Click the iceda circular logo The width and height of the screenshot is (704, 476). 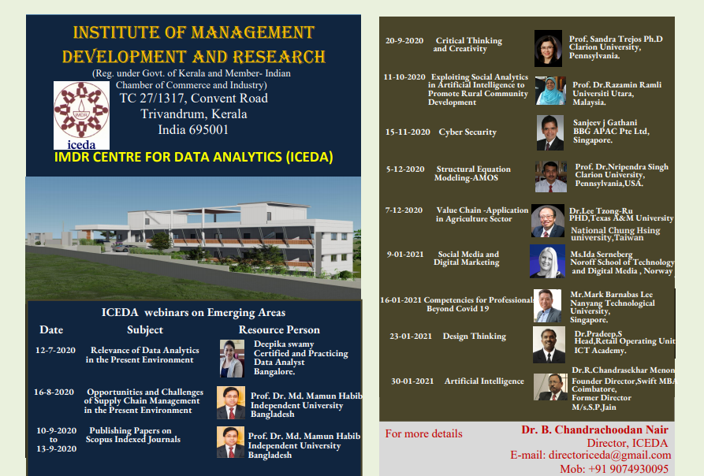click(81, 115)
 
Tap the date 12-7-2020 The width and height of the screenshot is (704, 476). click(55, 351)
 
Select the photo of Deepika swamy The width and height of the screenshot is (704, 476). click(232, 358)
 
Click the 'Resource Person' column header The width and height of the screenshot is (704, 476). click(279, 329)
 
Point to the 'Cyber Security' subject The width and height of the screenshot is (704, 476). click(467, 132)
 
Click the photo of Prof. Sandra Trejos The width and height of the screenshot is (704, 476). click(548, 48)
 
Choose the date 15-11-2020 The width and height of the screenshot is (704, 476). click(408, 132)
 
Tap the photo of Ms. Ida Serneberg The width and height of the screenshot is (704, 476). click(547, 261)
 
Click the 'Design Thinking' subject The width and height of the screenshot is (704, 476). click(474, 336)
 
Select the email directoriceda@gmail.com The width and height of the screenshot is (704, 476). click(609, 455)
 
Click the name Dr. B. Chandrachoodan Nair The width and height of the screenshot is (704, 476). click(595, 430)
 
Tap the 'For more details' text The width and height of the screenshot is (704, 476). click(424, 433)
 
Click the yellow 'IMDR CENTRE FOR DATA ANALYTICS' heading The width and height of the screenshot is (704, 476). click(193, 157)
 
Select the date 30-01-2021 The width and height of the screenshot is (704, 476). click(412, 381)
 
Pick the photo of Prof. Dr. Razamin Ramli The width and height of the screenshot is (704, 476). click(550, 91)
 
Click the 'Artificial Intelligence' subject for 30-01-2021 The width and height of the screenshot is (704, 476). click(484, 381)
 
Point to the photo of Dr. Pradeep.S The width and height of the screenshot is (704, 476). click(549, 344)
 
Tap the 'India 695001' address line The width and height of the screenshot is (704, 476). click(193, 130)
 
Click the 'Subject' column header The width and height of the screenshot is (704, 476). click(145, 330)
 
